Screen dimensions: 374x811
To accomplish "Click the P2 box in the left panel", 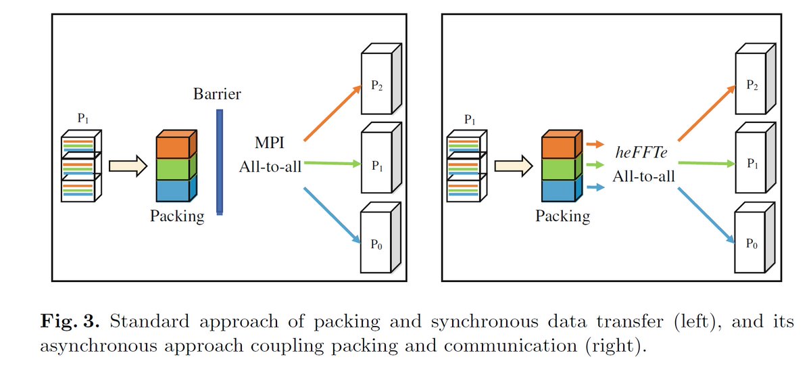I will pyautogui.click(x=379, y=81).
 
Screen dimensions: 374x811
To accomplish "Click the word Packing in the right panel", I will pyautogui.click(x=562, y=216).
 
